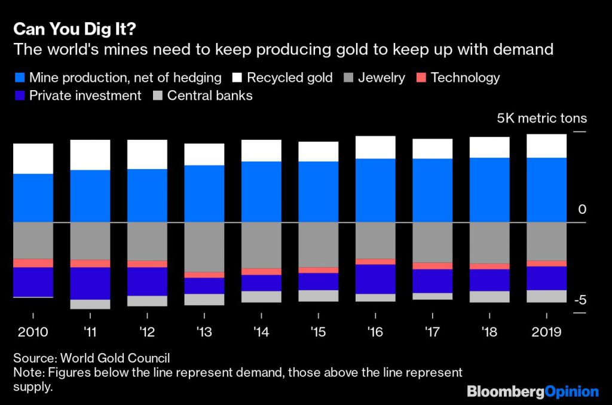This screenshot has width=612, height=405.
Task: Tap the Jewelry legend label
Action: [381, 78]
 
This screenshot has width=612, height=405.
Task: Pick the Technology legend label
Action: [465, 78]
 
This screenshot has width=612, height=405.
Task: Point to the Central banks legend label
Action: [210, 96]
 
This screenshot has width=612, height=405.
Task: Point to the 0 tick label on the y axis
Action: [582, 209]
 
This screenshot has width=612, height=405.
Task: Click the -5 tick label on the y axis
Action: [580, 300]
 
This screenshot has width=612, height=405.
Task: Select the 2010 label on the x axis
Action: [33, 332]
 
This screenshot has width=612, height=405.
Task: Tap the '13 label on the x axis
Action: [204, 332]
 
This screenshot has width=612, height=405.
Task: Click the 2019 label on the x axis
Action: [546, 332]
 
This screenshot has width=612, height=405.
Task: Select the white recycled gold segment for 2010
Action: [33, 158]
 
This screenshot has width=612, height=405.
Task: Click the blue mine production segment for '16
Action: [375, 190]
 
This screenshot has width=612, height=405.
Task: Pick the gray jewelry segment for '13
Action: [204, 247]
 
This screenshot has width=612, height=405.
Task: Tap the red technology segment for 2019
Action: [546, 263]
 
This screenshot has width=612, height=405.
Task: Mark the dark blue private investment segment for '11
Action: [90, 283]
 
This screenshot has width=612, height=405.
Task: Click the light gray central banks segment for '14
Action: [261, 296]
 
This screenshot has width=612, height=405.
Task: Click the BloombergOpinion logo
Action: [533, 392]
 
